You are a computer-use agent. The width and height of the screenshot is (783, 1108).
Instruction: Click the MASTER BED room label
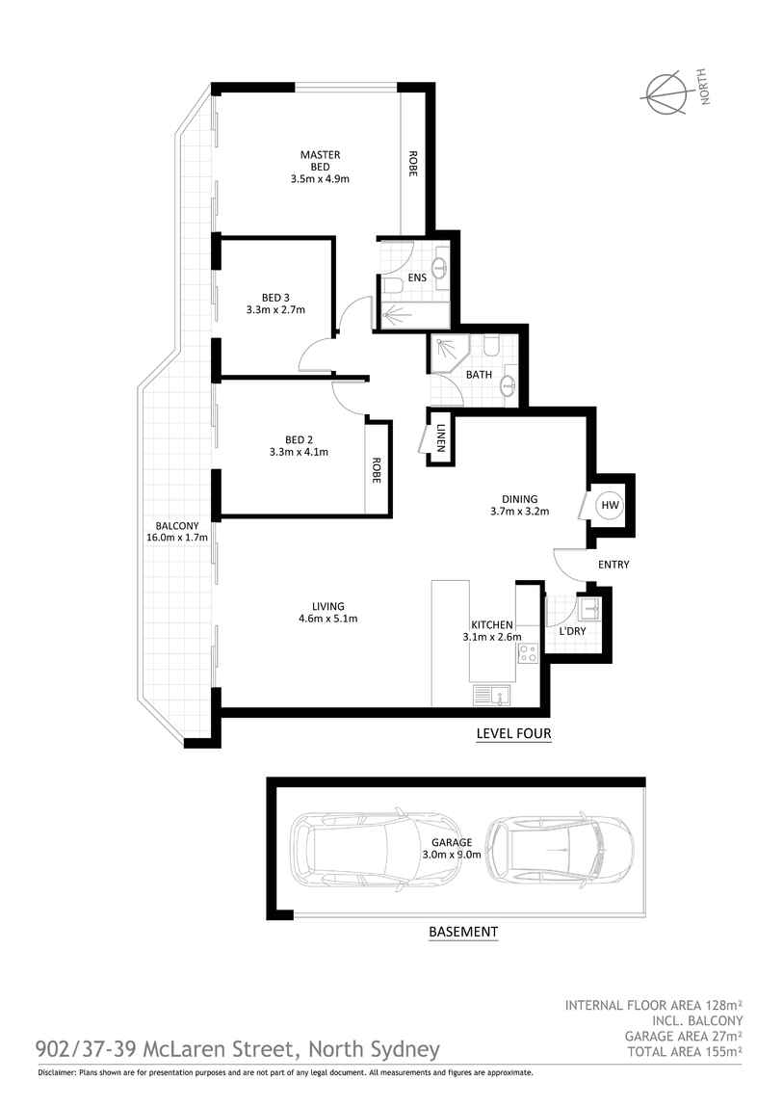(320, 160)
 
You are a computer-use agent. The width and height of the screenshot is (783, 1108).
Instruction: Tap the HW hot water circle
(610, 505)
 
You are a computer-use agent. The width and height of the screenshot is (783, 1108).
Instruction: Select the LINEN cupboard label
(440, 438)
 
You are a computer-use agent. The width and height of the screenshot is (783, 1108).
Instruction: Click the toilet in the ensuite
(393, 284)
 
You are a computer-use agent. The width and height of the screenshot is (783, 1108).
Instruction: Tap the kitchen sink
(492, 696)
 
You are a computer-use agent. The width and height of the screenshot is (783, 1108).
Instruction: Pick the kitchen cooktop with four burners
(528, 653)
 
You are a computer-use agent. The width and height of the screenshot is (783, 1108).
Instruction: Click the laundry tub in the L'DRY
(588, 607)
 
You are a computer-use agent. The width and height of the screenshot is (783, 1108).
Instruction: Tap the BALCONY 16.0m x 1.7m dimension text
(177, 538)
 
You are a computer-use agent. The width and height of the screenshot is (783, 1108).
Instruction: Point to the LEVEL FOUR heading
(513, 733)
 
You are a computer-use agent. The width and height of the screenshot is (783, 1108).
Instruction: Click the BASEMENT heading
(463, 932)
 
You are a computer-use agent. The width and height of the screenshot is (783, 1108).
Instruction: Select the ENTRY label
(613, 565)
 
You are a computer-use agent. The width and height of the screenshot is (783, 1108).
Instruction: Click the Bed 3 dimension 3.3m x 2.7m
(275, 309)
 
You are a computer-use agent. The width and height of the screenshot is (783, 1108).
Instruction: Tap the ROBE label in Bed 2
(377, 470)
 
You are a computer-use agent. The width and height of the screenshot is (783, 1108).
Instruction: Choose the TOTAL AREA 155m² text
(685, 1051)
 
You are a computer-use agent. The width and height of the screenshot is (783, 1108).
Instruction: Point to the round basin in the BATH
(507, 385)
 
